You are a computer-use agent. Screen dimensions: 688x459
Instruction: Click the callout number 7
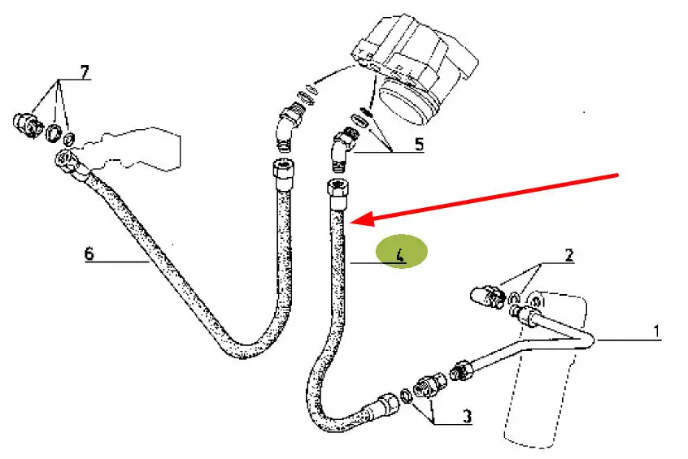(85, 72)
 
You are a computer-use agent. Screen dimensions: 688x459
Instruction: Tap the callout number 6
(89, 253)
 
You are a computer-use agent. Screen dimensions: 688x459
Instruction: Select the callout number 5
(419, 145)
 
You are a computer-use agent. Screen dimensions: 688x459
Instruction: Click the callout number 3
(468, 416)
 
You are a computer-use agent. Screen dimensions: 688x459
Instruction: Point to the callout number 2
(569, 255)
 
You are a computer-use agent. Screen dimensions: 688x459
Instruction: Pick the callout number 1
(656, 331)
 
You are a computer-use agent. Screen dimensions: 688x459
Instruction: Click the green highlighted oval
(402, 251)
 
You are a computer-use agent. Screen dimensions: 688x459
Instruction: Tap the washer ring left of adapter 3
(407, 396)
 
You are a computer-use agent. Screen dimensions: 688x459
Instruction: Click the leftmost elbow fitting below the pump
(288, 125)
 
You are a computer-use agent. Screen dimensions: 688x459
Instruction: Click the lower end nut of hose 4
(385, 404)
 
